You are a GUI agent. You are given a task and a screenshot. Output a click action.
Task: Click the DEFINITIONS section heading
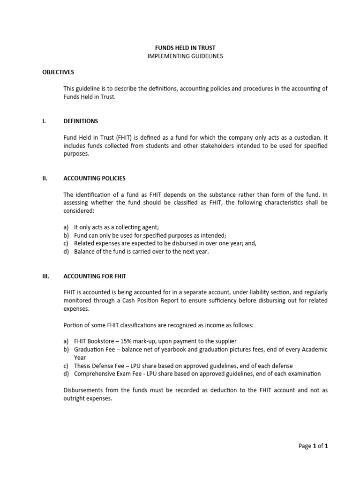(81, 121)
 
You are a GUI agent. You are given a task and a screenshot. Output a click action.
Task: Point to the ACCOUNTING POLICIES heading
(94, 178)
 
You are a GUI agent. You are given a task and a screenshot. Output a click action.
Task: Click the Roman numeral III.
(45, 276)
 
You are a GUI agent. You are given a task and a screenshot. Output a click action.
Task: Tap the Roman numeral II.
(45, 178)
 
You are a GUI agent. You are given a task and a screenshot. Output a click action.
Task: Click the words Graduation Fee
(93, 350)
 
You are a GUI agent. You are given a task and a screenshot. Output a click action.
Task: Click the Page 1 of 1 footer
(313, 446)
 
